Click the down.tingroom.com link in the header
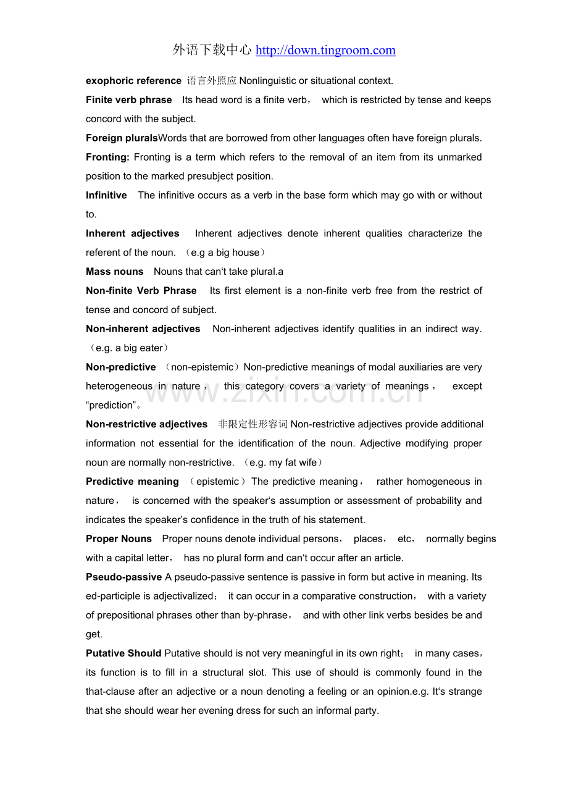(325, 51)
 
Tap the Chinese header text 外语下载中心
(212, 51)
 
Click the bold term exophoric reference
(133, 81)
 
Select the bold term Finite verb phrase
(129, 100)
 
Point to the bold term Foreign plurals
(122, 138)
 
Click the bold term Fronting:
(107, 157)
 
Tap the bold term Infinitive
(106, 196)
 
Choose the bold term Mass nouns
(114, 272)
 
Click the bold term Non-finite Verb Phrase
(141, 291)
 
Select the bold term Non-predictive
(121, 367)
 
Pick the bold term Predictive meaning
(132, 482)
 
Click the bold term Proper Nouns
(119, 539)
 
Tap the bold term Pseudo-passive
(124, 577)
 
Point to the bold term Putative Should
(123, 653)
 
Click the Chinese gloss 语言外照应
(212, 81)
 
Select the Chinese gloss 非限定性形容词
(253, 424)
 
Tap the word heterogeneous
(119, 387)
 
